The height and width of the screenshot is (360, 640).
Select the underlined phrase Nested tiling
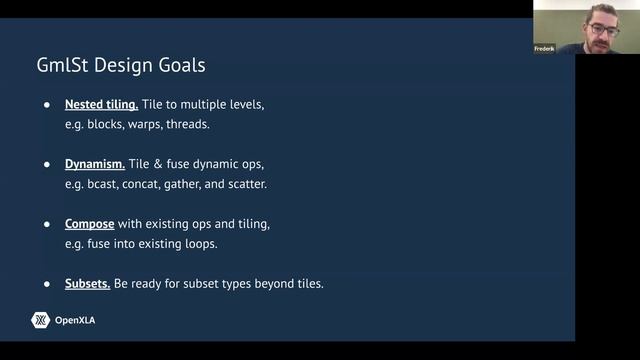pos(101,104)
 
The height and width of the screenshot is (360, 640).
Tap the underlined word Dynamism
pos(95,164)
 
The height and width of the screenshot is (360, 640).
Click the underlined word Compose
pos(90,223)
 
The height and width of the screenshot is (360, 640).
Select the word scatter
pos(245,185)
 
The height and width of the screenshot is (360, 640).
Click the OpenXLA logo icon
pos(41,320)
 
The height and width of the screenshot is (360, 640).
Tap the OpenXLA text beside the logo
pos(76,320)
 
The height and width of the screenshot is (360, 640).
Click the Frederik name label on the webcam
pos(545,48)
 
